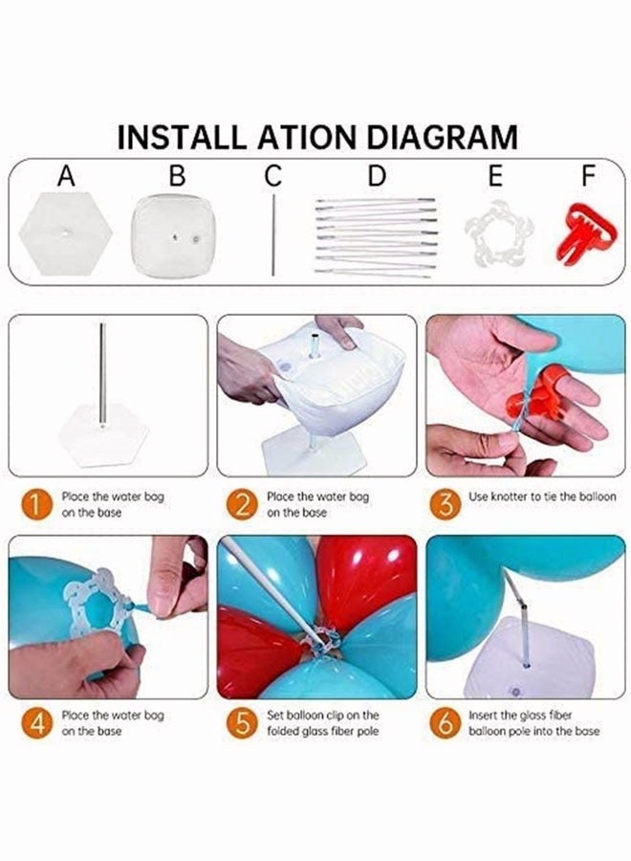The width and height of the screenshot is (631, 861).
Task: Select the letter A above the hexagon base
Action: tap(66, 176)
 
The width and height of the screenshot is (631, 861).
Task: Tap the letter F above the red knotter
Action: tap(588, 176)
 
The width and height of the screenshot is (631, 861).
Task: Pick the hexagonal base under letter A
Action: tap(65, 233)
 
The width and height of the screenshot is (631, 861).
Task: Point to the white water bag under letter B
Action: tap(173, 235)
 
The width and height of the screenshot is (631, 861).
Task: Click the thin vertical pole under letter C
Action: tap(273, 235)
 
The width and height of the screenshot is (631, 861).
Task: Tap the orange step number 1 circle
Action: tap(34, 504)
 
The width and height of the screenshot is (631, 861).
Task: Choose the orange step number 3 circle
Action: tap(445, 504)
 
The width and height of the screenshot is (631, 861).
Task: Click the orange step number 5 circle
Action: tap(242, 723)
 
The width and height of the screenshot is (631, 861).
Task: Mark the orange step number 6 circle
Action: tap(445, 723)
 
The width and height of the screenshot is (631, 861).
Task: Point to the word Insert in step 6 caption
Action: tap(483, 716)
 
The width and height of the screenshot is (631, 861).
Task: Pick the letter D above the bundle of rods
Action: tap(377, 176)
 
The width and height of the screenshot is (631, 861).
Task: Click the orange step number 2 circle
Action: tap(242, 504)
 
